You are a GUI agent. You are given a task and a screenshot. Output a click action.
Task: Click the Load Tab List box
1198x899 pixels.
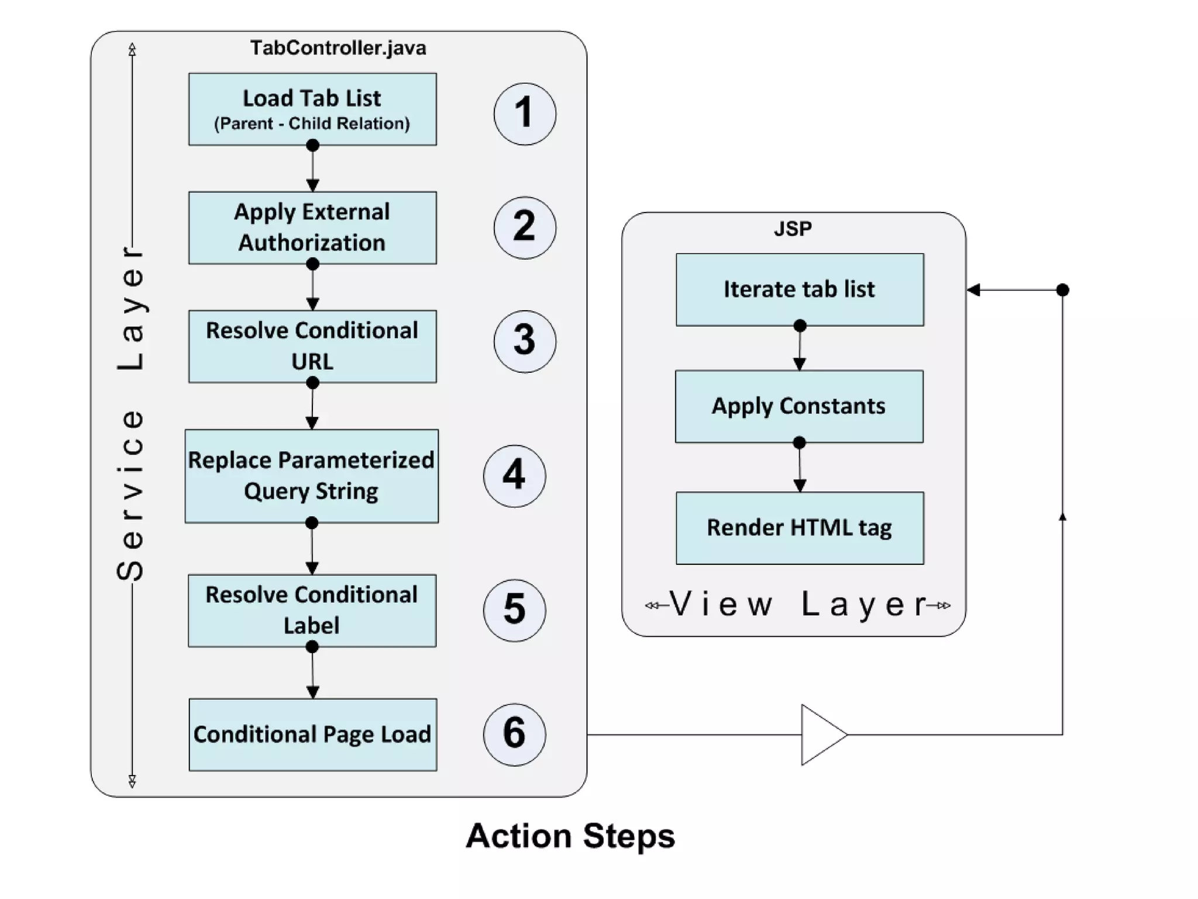click(x=312, y=109)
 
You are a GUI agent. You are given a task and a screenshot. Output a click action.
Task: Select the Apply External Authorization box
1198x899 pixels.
click(x=312, y=227)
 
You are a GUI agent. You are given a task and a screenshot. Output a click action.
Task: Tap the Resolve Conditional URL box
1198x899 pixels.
click(x=312, y=346)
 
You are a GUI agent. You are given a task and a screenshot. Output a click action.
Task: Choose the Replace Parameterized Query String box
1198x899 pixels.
click(x=311, y=476)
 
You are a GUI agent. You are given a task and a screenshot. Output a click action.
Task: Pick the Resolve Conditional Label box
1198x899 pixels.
click(x=312, y=610)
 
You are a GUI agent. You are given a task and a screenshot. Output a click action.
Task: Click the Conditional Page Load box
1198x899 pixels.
click(x=312, y=734)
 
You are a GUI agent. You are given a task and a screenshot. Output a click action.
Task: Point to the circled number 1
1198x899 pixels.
click(x=525, y=114)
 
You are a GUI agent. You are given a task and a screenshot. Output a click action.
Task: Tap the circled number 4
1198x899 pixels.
click(x=514, y=475)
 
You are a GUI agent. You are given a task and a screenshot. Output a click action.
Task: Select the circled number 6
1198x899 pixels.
click(x=514, y=734)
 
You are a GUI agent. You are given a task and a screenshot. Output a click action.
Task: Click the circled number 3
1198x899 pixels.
click(x=525, y=341)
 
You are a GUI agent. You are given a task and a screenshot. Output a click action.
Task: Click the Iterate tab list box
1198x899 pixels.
click(x=800, y=289)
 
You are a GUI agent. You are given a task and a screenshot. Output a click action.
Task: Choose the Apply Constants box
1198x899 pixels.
click(x=799, y=406)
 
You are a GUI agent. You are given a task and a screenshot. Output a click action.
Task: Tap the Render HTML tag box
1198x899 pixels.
click(x=800, y=527)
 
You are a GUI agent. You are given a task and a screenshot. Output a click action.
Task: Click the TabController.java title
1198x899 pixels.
click(x=338, y=48)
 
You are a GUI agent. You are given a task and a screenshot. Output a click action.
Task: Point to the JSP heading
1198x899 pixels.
click(x=793, y=228)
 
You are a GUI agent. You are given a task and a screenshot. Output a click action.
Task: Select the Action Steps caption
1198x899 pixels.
click(x=570, y=835)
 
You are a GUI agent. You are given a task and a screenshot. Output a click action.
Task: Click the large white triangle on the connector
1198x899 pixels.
click(x=820, y=734)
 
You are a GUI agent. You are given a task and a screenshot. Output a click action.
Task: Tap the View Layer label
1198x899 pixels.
click(x=798, y=604)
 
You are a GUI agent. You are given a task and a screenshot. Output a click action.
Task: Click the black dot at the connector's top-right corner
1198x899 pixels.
click(x=1063, y=290)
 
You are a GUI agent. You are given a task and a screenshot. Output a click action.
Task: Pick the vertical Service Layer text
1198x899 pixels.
click(x=131, y=413)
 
